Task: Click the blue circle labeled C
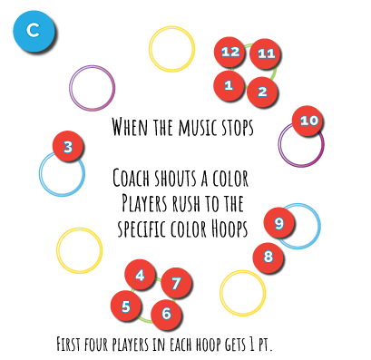point(34,31)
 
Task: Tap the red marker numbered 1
point(229,85)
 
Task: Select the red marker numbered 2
point(262,92)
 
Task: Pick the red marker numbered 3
point(67,146)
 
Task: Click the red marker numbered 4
point(140,274)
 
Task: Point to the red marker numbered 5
point(125,306)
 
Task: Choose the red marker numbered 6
point(166,314)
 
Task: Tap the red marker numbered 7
point(176,283)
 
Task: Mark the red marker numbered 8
point(268,258)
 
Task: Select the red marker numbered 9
point(278,222)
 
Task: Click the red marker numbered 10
point(308,121)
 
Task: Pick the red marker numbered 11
point(265,54)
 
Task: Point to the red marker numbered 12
point(229,52)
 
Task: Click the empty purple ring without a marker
point(93,88)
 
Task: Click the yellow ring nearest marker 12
point(172,49)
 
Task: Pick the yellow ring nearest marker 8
point(243,293)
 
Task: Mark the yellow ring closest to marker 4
point(80,250)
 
